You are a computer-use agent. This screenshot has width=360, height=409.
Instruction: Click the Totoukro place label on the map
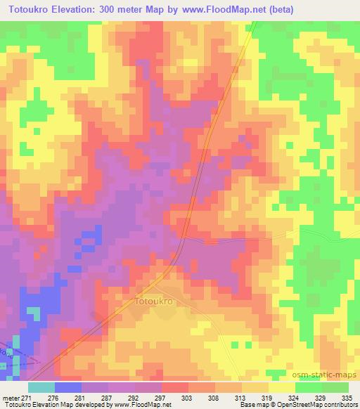click(x=153, y=301)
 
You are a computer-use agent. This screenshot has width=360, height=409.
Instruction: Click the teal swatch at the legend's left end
click(x=41, y=387)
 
